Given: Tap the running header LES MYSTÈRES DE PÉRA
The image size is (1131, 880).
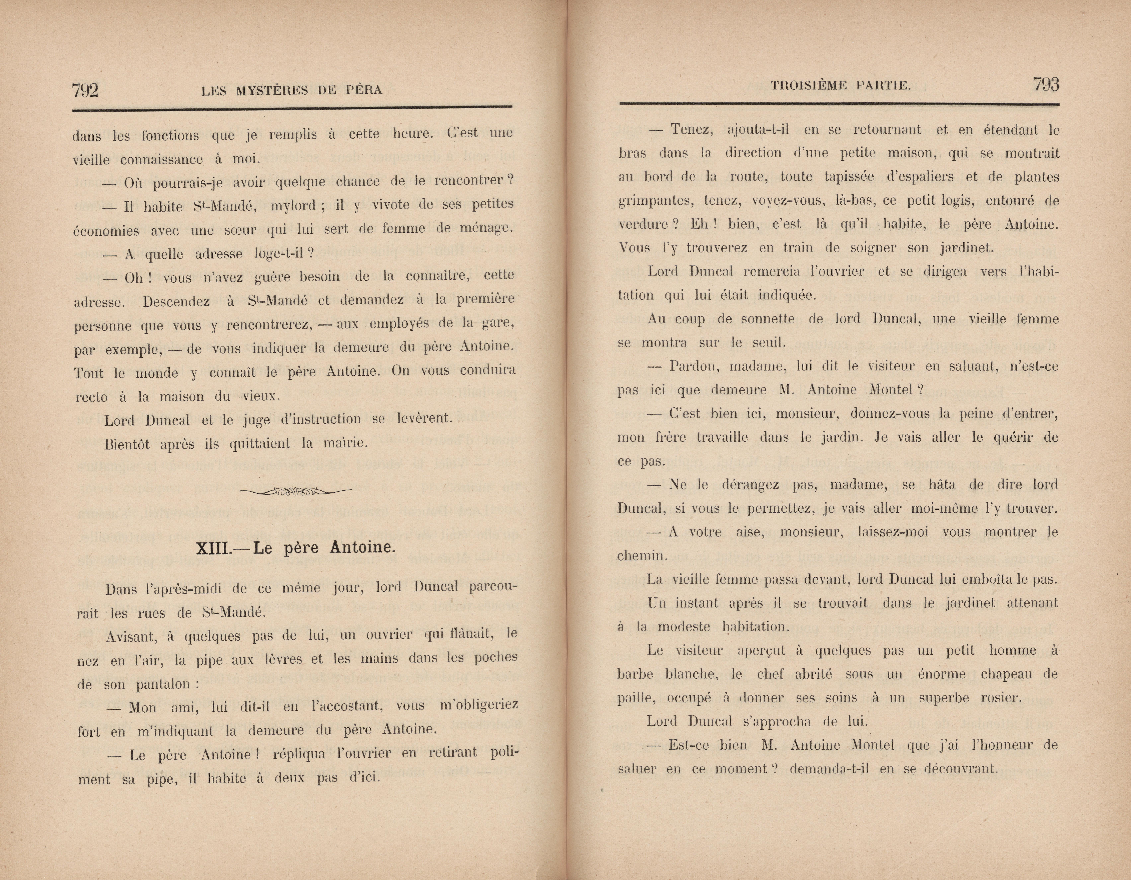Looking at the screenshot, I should [x=292, y=91].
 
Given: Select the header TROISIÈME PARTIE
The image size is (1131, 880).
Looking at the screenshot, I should [x=840, y=86].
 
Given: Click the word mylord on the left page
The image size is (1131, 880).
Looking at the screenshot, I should [x=293, y=206].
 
